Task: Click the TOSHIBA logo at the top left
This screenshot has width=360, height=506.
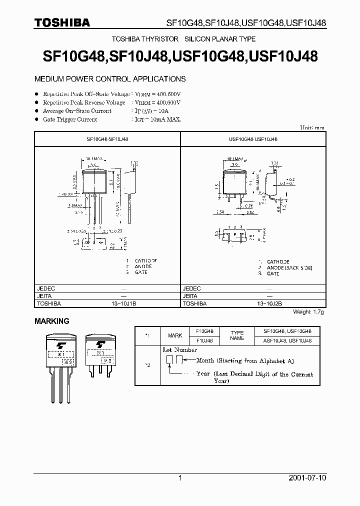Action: tap(62, 22)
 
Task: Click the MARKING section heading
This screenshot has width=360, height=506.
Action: tap(51, 321)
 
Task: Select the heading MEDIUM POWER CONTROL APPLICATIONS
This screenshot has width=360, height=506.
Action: tap(109, 79)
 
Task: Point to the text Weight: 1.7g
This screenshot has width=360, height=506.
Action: tap(308, 311)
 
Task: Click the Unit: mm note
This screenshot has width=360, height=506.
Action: tap(312, 128)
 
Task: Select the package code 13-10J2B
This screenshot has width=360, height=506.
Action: tap(269, 303)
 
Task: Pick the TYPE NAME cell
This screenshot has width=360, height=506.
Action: tap(237, 335)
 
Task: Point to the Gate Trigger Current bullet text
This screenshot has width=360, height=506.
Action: tap(70, 119)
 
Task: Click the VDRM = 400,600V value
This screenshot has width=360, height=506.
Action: tap(157, 94)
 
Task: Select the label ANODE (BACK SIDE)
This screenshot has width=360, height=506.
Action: tap(289, 267)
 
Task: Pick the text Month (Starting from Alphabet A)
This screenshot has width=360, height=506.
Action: tap(245, 360)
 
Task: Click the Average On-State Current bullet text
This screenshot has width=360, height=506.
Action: tap(77, 111)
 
